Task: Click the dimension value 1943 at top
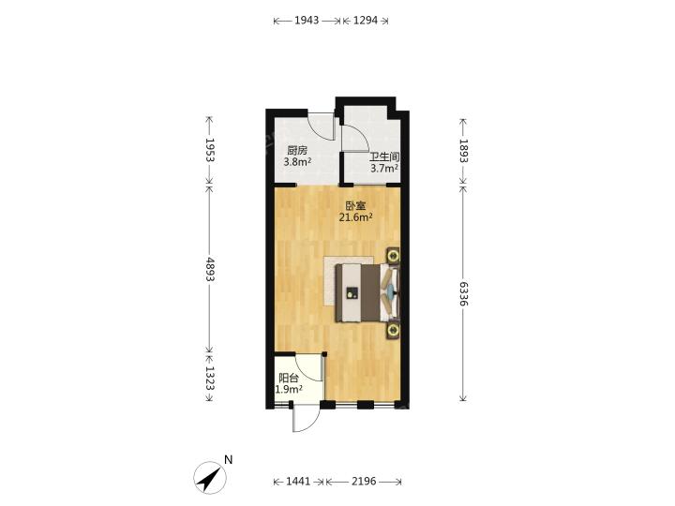click(307, 21)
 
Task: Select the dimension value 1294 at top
click(366, 21)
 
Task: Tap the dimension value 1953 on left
click(210, 150)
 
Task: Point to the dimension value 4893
click(210, 269)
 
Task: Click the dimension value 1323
click(210, 378)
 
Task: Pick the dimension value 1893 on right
click(463, 151)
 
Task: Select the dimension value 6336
click(463, 294)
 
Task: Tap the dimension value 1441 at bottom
click(298, 481)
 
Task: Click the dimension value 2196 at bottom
click(364, 481)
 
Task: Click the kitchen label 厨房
click(297, 151)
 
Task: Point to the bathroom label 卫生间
click(384, 157)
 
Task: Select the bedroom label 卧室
click(355, 206)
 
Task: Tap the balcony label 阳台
click(289, 379)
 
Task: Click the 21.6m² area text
click(355, 217)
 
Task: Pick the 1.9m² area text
click(289, 390)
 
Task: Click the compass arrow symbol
click(210, 478)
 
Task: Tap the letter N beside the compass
click(228, 459)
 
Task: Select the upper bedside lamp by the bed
click(393, 256)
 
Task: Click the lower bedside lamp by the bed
click(393, 331)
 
